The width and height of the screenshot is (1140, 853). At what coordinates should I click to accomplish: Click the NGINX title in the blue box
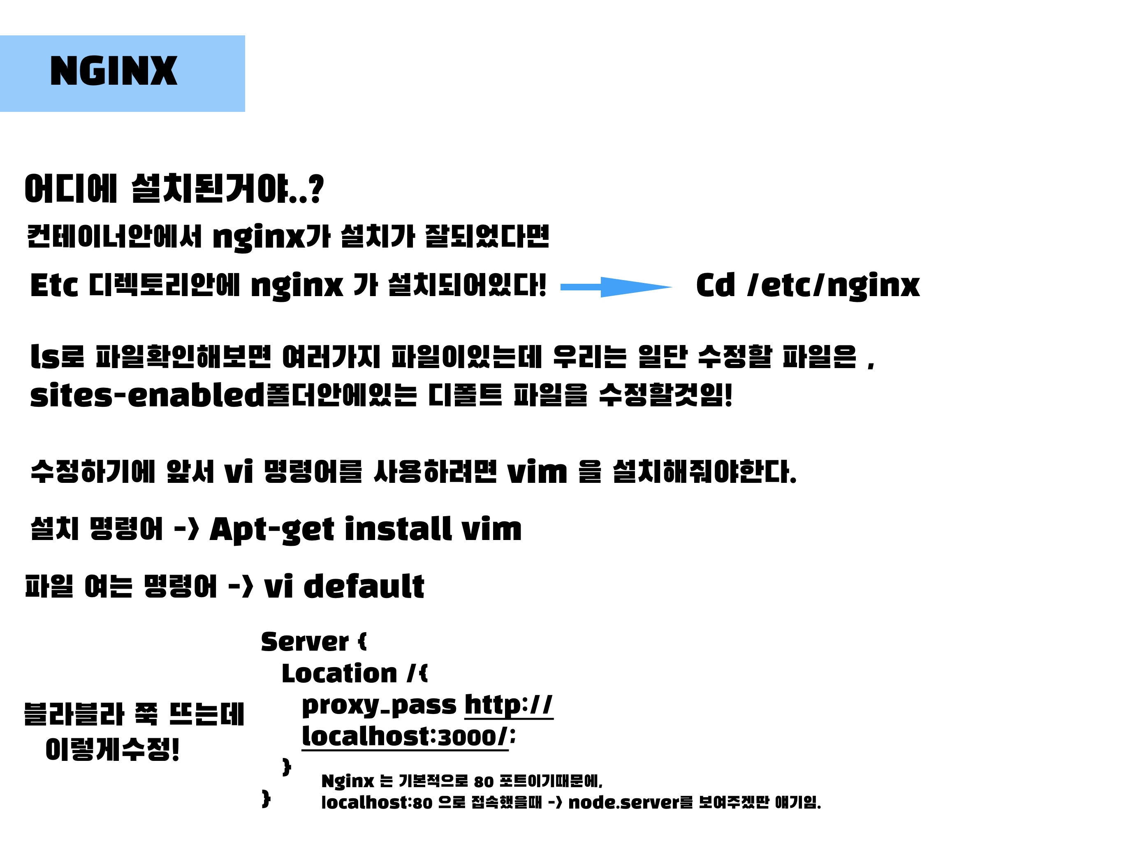pos(114,71)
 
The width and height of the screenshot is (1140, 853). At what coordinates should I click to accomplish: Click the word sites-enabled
pos(147,395)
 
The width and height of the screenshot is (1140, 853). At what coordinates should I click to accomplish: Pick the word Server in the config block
pos(305,642)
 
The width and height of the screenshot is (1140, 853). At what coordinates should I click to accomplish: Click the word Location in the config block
pos(339,674)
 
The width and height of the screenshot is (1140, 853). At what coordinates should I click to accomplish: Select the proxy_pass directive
pos(379,705)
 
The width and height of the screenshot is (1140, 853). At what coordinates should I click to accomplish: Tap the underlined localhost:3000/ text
pos(405,737)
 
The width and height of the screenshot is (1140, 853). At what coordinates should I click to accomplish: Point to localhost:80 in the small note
pos(376,802)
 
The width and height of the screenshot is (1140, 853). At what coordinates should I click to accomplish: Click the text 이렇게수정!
pos(112,749)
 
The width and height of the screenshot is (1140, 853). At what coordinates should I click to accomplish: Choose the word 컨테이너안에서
pos(114,236)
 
